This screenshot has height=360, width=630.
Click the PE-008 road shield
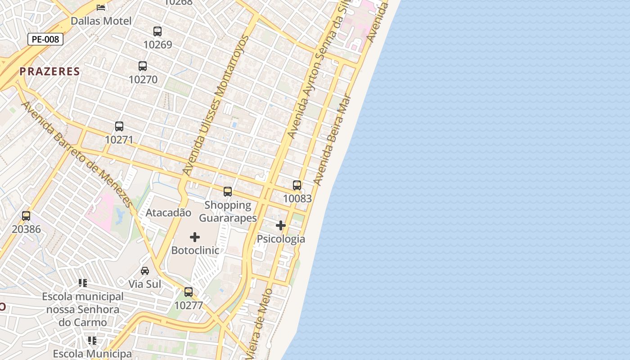click(x=45, y=39)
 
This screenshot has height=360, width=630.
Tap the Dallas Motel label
click(x=101, y=21)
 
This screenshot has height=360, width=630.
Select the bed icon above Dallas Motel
click(x=101, y=7)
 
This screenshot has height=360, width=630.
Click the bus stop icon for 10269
click(x=157, y=31)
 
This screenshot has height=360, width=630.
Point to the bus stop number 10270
click(x=143, y=80)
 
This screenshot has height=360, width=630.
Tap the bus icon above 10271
click(x=119, y=126)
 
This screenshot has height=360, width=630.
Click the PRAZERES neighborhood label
click(x=49, y=71)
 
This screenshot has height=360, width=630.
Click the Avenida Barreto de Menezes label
click(x=77, y=154)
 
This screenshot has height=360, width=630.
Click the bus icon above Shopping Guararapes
click(x=228, y=192)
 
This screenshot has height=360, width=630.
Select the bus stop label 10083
click(x=297, y=198)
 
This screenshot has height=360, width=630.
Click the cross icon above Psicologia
click(x=281, y=225)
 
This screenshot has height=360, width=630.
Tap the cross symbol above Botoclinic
click(x=195, y=237)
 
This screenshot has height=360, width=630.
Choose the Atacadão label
click(x=168, y=212)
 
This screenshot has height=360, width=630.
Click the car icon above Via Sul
click(x=145, y=270)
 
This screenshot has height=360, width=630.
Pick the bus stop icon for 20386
click(x=26, y=216)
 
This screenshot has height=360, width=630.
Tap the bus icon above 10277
click(x=189, y=292)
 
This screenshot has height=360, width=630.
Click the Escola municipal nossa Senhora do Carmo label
click(x=83, y=310)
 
